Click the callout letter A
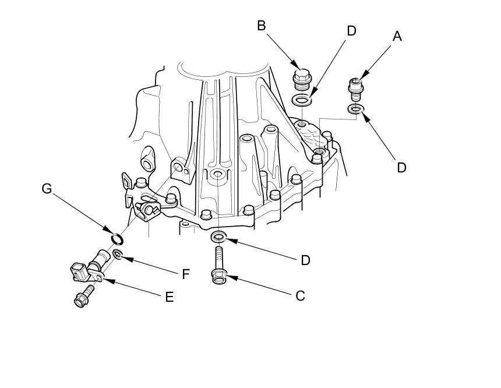[x=397, y=37]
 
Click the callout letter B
[x=262, y=26]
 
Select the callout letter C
[x=300, y=296]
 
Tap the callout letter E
[x=170, y=297]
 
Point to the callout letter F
[x=186, y=274]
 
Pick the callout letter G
[x=47, y=189]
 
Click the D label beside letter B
[x=351, y=31]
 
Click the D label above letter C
[x=305, y=260]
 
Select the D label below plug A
[x=401, y=167]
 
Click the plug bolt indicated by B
[x=301, y=81]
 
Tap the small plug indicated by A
[x=355, y=89]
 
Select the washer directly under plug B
[x=301, y=100]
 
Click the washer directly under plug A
[x=355, y=109]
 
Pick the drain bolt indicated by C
[x=219, y=266]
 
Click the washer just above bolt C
[x=218, y=237]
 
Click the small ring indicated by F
[x=117, y=255]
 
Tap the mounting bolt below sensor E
[x=84, y=297]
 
